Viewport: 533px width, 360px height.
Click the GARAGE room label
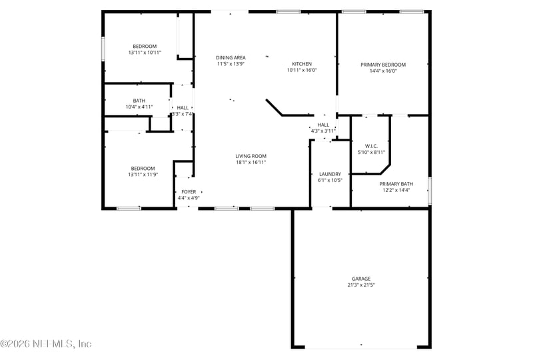click(361, 279)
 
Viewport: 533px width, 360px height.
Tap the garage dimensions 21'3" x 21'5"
click(361, 285)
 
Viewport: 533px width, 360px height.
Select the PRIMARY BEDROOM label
click(383, 65)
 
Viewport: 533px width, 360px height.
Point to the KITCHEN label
click(302, 64)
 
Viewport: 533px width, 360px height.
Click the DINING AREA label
click(231, 58)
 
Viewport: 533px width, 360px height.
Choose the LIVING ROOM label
click(251, 156)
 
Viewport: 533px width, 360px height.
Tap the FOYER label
click(189, 192)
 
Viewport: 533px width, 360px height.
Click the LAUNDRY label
click(330, 173)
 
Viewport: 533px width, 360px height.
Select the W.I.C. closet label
click(372, 146)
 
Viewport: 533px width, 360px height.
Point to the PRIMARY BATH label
click(396, 184)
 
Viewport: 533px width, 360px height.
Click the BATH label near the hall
click(139, 101)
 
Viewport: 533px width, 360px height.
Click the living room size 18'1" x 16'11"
click(251, 162)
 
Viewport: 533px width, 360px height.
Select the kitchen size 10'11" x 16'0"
click(302, 70)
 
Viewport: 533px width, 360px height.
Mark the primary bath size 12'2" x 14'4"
click(396, 190)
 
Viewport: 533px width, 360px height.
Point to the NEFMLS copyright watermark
click(46, 344)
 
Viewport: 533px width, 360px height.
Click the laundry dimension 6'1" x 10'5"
click(330, 179)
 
